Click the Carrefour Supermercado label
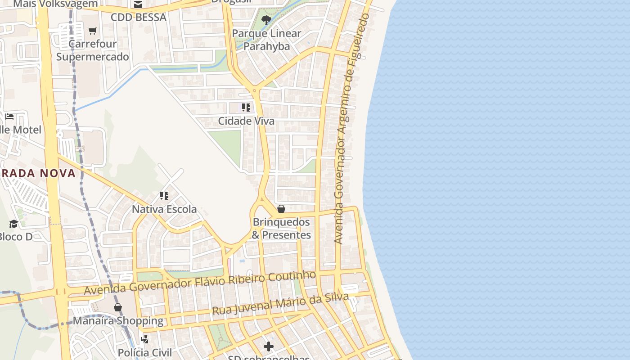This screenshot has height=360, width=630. pyautogui.click(x=92, y=50)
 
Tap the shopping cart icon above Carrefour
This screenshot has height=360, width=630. pyautogui.click(x=93, y=31)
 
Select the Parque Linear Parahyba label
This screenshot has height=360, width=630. pyautogui.click(x=267, y=40)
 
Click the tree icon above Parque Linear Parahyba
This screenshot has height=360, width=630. pyautogui.click(x=266, y=19)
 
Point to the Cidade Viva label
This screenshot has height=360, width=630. pyautogui.click(x=246, y=121)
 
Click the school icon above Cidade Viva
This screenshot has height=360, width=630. pyautogui.click(x=246, y=108)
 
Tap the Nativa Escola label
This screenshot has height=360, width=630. pyautogui.click(x=164, y=209)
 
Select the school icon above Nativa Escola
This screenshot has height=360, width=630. pyautogui.click(x=164, y=196)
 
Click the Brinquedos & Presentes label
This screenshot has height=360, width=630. pyautogui.click(x=281, y=229)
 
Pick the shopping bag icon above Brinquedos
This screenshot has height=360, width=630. pyautogui.click(x=281, y=209)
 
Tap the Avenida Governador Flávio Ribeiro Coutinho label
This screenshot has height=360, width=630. pyautogui.click(x=200, y=283)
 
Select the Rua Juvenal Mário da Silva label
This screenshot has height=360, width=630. pyautogui.click(x=280, y=304)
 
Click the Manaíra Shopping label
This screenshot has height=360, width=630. pyautogui.click(x=118, y=321)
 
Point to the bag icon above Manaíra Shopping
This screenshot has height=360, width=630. pyautogui.click(x=118, y=307)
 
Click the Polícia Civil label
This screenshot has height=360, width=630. pyautogui.click(x=145, y=352)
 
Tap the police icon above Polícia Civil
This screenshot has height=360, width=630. pyautogui.click(x=145, y=339)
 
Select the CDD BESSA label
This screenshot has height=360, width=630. pyautogui.click(x=139, y=18)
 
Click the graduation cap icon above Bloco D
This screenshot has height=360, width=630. pyautogui.click(x=13, y=224)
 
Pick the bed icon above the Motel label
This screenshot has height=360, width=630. pyautogui.click(x=9, y=117)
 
